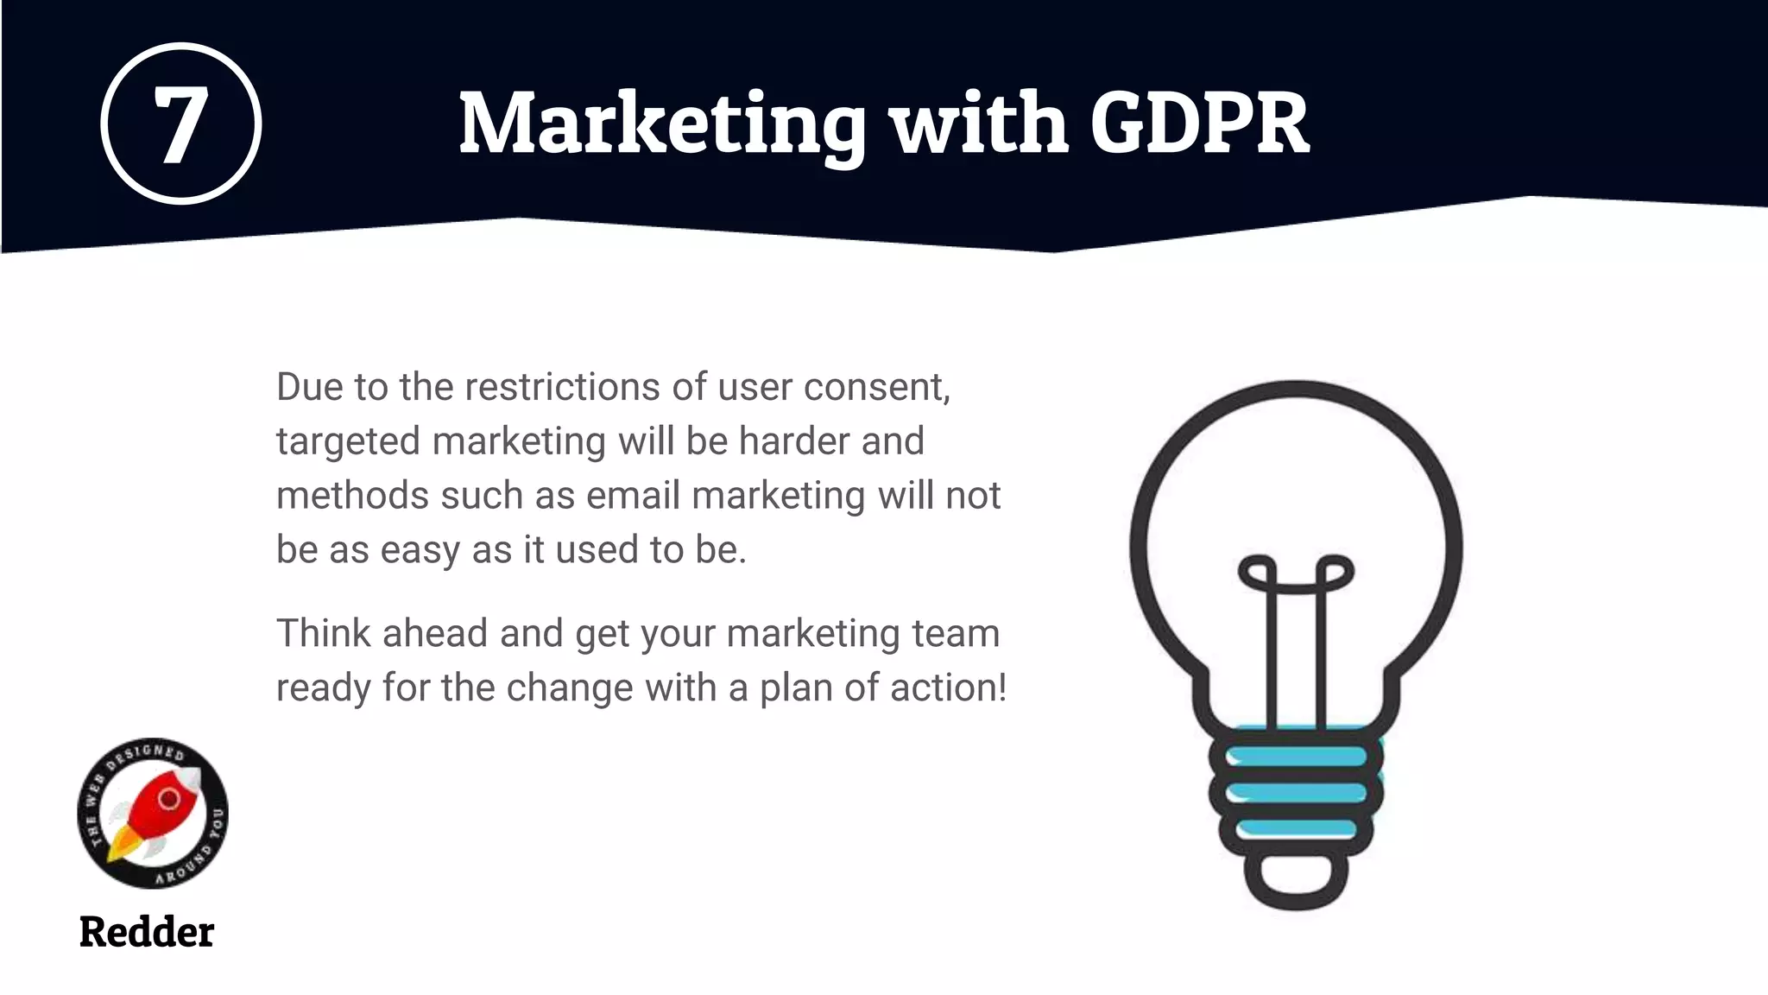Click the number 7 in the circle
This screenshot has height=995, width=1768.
point(180,125)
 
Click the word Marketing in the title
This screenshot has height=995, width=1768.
point(661,125)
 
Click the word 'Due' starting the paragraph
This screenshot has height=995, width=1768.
point(309,387)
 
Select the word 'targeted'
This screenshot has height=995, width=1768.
point(348,442)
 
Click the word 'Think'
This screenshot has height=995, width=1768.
point(323,633)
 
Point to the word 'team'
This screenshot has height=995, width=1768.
point(962,634)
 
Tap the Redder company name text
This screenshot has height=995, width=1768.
point(147,932)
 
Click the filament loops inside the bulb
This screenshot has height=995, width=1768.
point(1296,574)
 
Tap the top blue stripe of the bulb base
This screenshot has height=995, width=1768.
point(1296,757)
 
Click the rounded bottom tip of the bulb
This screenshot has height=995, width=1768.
point(1296,890)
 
